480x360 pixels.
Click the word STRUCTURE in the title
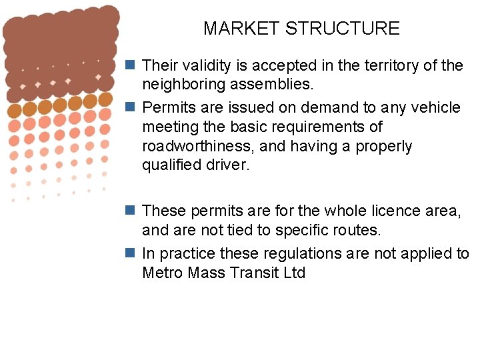[x=342, y=29]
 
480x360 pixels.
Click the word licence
[x=396, y=211]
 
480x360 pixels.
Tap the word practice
[x=187, y=253]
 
